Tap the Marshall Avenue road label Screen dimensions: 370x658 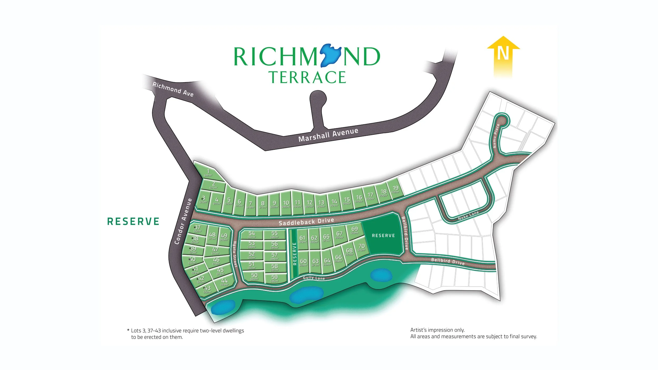328,135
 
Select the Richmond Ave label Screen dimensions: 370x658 173,89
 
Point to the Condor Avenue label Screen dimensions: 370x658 183,221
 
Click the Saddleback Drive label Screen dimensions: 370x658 306,222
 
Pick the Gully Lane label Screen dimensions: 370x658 314,278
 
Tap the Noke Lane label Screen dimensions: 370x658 468,215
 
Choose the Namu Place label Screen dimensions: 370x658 496,136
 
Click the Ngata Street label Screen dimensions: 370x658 235,254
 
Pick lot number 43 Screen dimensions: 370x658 207,289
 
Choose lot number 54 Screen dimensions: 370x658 252,234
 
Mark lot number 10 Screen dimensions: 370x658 286,203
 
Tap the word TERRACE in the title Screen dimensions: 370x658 307,77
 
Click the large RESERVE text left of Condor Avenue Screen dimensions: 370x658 133,221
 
